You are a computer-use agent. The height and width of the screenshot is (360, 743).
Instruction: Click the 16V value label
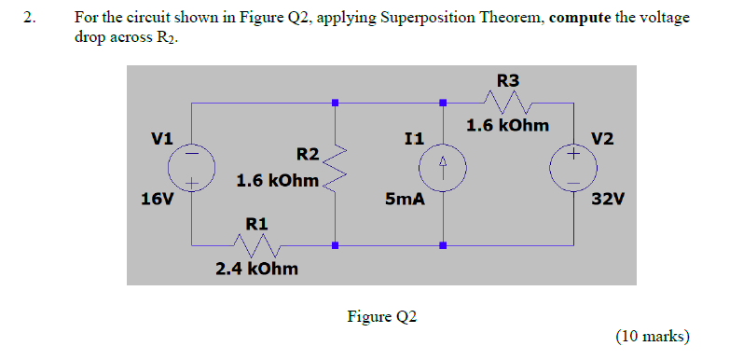point(155,199)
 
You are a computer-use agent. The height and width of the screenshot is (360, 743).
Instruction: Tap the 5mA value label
point(404,199)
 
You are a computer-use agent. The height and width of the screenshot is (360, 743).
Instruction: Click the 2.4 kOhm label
point(257,269)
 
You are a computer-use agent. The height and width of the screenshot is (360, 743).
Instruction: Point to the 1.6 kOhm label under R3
point(508,125)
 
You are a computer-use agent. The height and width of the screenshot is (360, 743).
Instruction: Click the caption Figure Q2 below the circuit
point(382,316)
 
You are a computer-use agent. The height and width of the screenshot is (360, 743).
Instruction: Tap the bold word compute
point(580,18)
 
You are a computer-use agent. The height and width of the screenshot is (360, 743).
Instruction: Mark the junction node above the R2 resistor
point(335,103)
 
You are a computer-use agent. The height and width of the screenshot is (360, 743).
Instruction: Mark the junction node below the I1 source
point(443,246)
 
